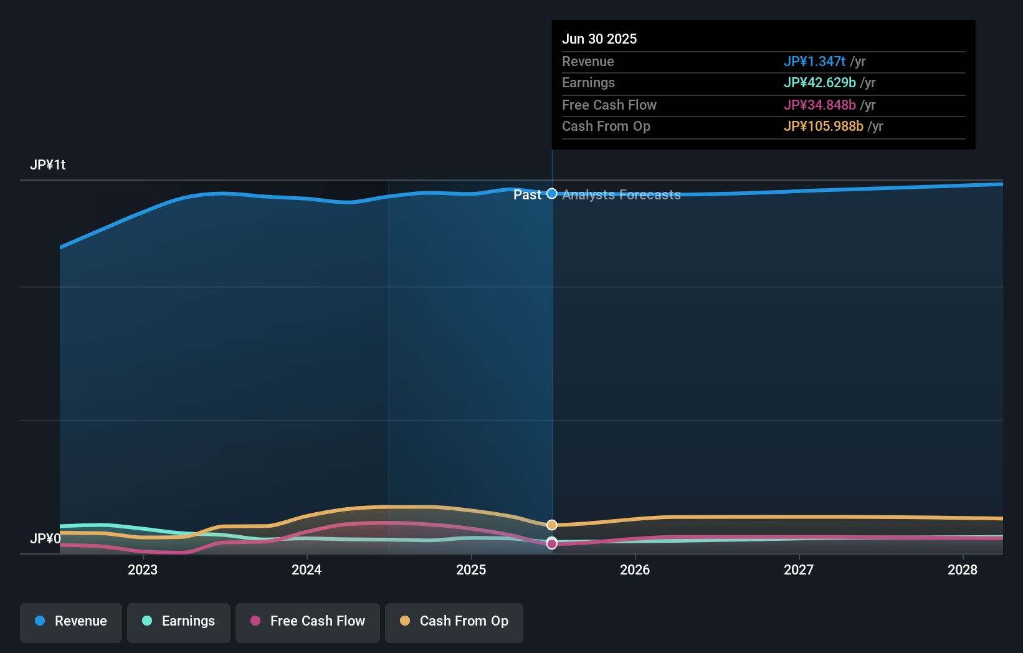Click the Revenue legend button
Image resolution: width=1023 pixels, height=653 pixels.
tap(71, 622)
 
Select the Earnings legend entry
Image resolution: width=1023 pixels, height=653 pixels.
tap(179, 622)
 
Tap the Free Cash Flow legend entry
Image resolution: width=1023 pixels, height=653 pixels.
tap(308, 622)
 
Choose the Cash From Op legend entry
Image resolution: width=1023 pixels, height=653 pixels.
tap(454, 622)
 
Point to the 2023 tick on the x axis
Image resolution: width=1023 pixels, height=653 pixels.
tap(143, 570)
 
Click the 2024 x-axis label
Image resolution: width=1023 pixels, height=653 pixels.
tap(307, 570)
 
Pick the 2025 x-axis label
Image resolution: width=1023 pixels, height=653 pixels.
tap(471, 570)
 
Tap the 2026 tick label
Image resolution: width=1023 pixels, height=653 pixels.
tap(635, 570)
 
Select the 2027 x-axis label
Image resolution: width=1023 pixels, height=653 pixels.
tap(799, 570)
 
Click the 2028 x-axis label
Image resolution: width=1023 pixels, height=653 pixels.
tap(963, 570)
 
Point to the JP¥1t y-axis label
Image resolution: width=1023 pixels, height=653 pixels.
tap(47, 165)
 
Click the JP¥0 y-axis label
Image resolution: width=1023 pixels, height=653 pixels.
tap(45, 539)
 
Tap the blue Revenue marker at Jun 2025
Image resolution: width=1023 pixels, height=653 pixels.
tap(552, 194)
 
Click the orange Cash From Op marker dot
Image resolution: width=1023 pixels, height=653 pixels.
tap(552, 525)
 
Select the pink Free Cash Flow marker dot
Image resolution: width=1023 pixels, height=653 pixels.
tap(552, 545)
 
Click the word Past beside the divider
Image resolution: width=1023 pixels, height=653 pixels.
tap(527, 195)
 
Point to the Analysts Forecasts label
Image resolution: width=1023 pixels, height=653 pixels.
tap(621, 195)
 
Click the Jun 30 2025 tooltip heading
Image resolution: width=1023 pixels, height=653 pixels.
tap(599, 39)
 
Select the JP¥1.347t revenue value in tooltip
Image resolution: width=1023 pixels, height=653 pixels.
tap(814, 62)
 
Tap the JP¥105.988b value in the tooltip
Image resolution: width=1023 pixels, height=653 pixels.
tap(823, 126)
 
